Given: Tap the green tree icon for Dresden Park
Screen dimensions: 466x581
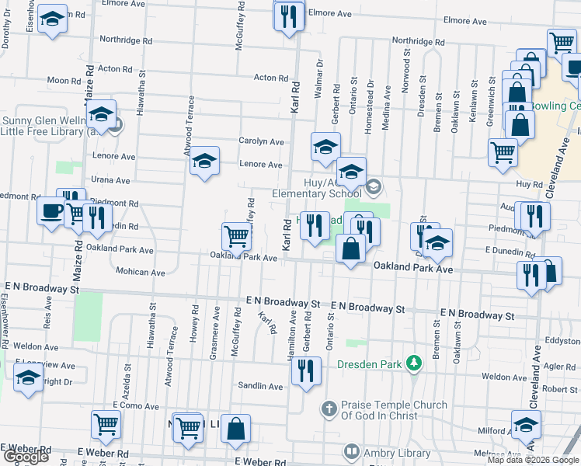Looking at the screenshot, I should tap(415, 363).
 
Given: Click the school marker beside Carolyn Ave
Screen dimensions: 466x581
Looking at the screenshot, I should tap(326, 145).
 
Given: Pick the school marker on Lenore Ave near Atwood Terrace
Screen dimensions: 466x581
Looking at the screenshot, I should tap(204, 161).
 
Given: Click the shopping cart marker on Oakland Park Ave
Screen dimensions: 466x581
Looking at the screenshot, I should tap(236, 236).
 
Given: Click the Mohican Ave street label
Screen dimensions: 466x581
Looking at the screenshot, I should tap(140, 273).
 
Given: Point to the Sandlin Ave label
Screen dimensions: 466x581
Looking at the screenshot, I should tap(261, 386).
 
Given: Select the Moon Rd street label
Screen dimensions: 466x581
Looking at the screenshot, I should tap(64, 80).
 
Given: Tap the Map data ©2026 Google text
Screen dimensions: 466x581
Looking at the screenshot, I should tap(533, 460).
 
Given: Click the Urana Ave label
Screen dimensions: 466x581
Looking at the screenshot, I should tap(110, 180).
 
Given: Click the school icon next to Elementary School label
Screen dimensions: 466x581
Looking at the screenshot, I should tap(374, 186).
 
